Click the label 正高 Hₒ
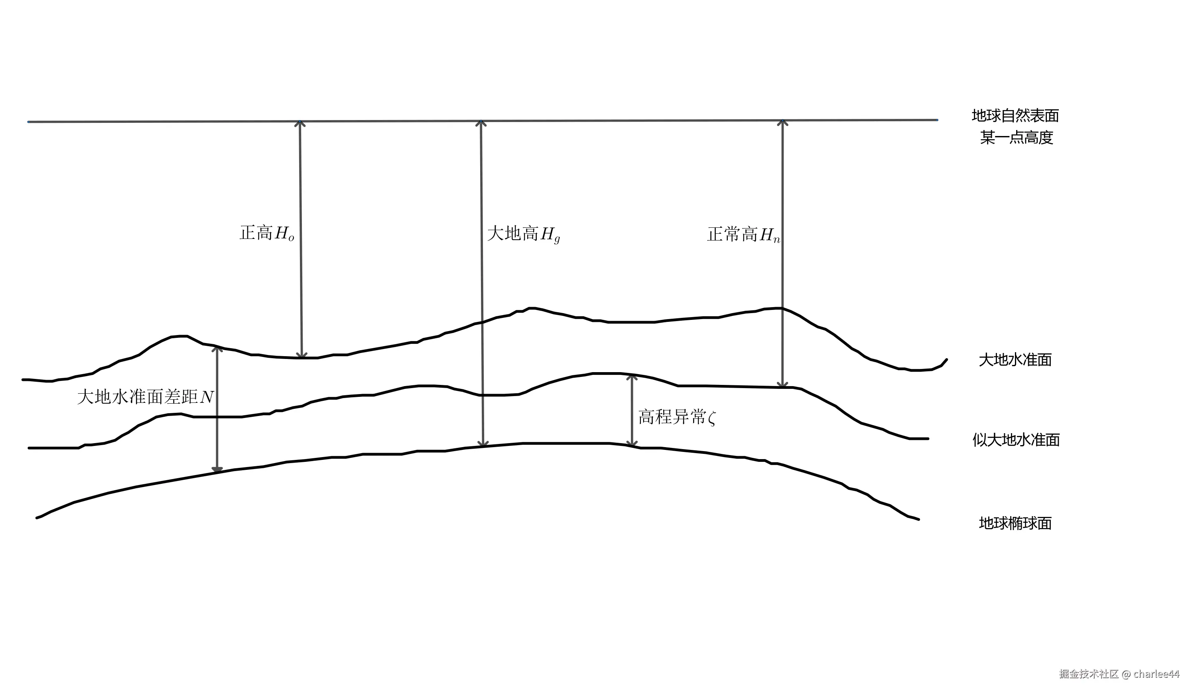pyautogui.click(x=267, y=233)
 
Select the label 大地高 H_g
pyautogui.click(x=524, y=234)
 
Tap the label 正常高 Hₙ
pyautogui.click(x=743, y=235)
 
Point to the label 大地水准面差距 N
pyautogui.click(x=145, y=396)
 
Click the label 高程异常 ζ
pyautogui.click(x=677, y=417)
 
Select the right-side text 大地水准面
pyautogui.click(x=1015, y=360)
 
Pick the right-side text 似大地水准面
pyautogui.click(x=1016, y=440)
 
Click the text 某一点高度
pyautogui.click(x=1017, y=138)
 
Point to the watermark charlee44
pyautogui.click(x=1156, y=674)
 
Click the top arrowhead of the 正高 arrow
pyautogui.click(x=299, y=123)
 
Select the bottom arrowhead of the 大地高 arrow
pyautogui.click(x=483, y=444)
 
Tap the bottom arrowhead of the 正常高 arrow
pyautogui.click(x=782, y=384)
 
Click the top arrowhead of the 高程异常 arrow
pyautogui.click(x=632, y=377)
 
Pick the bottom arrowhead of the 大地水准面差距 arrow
pyautogui.click(x=217, y=469)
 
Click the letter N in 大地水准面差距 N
pyautogui.click(x=207, y=397)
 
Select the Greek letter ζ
pyautogui.click(x=711, y=418)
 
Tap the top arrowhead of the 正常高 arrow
pyautogui.click(x=782, y=122)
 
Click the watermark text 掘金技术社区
pyautogui.click(x=1089, y=674)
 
